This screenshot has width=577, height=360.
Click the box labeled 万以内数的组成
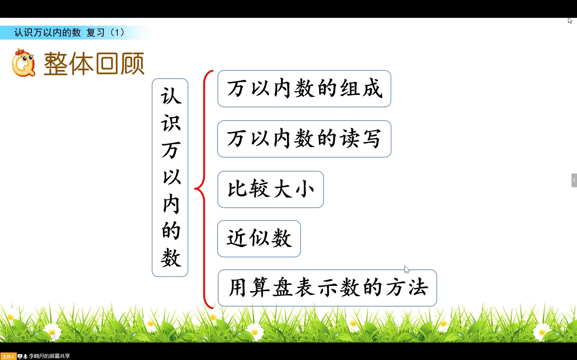point(304,89)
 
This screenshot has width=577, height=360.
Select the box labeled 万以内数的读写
point(304,139)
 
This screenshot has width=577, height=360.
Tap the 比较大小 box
point(270,189)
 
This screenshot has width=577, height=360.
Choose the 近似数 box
point(259,239)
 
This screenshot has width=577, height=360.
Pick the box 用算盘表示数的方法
point(327,288)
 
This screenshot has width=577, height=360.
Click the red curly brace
point(204,189)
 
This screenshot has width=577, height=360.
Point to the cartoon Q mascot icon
point(23,63)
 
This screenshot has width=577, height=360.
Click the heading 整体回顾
point(94,64)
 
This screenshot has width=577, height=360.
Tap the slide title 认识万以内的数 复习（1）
point(69,33)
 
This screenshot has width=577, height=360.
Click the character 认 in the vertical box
point(170,96)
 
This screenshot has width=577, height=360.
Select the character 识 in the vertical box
point(170,123)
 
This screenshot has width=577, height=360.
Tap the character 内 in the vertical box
point(170,204)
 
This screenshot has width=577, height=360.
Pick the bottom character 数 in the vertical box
point(170,258)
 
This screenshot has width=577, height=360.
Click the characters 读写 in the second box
point(360,139)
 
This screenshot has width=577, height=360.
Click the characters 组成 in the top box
point(361,89)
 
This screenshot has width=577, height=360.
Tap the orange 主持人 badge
point(8,357)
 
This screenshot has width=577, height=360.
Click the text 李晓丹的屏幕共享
point(49,356)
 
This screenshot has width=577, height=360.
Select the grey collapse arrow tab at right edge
point(574,180)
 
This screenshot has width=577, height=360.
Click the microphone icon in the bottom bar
point(25,357)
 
